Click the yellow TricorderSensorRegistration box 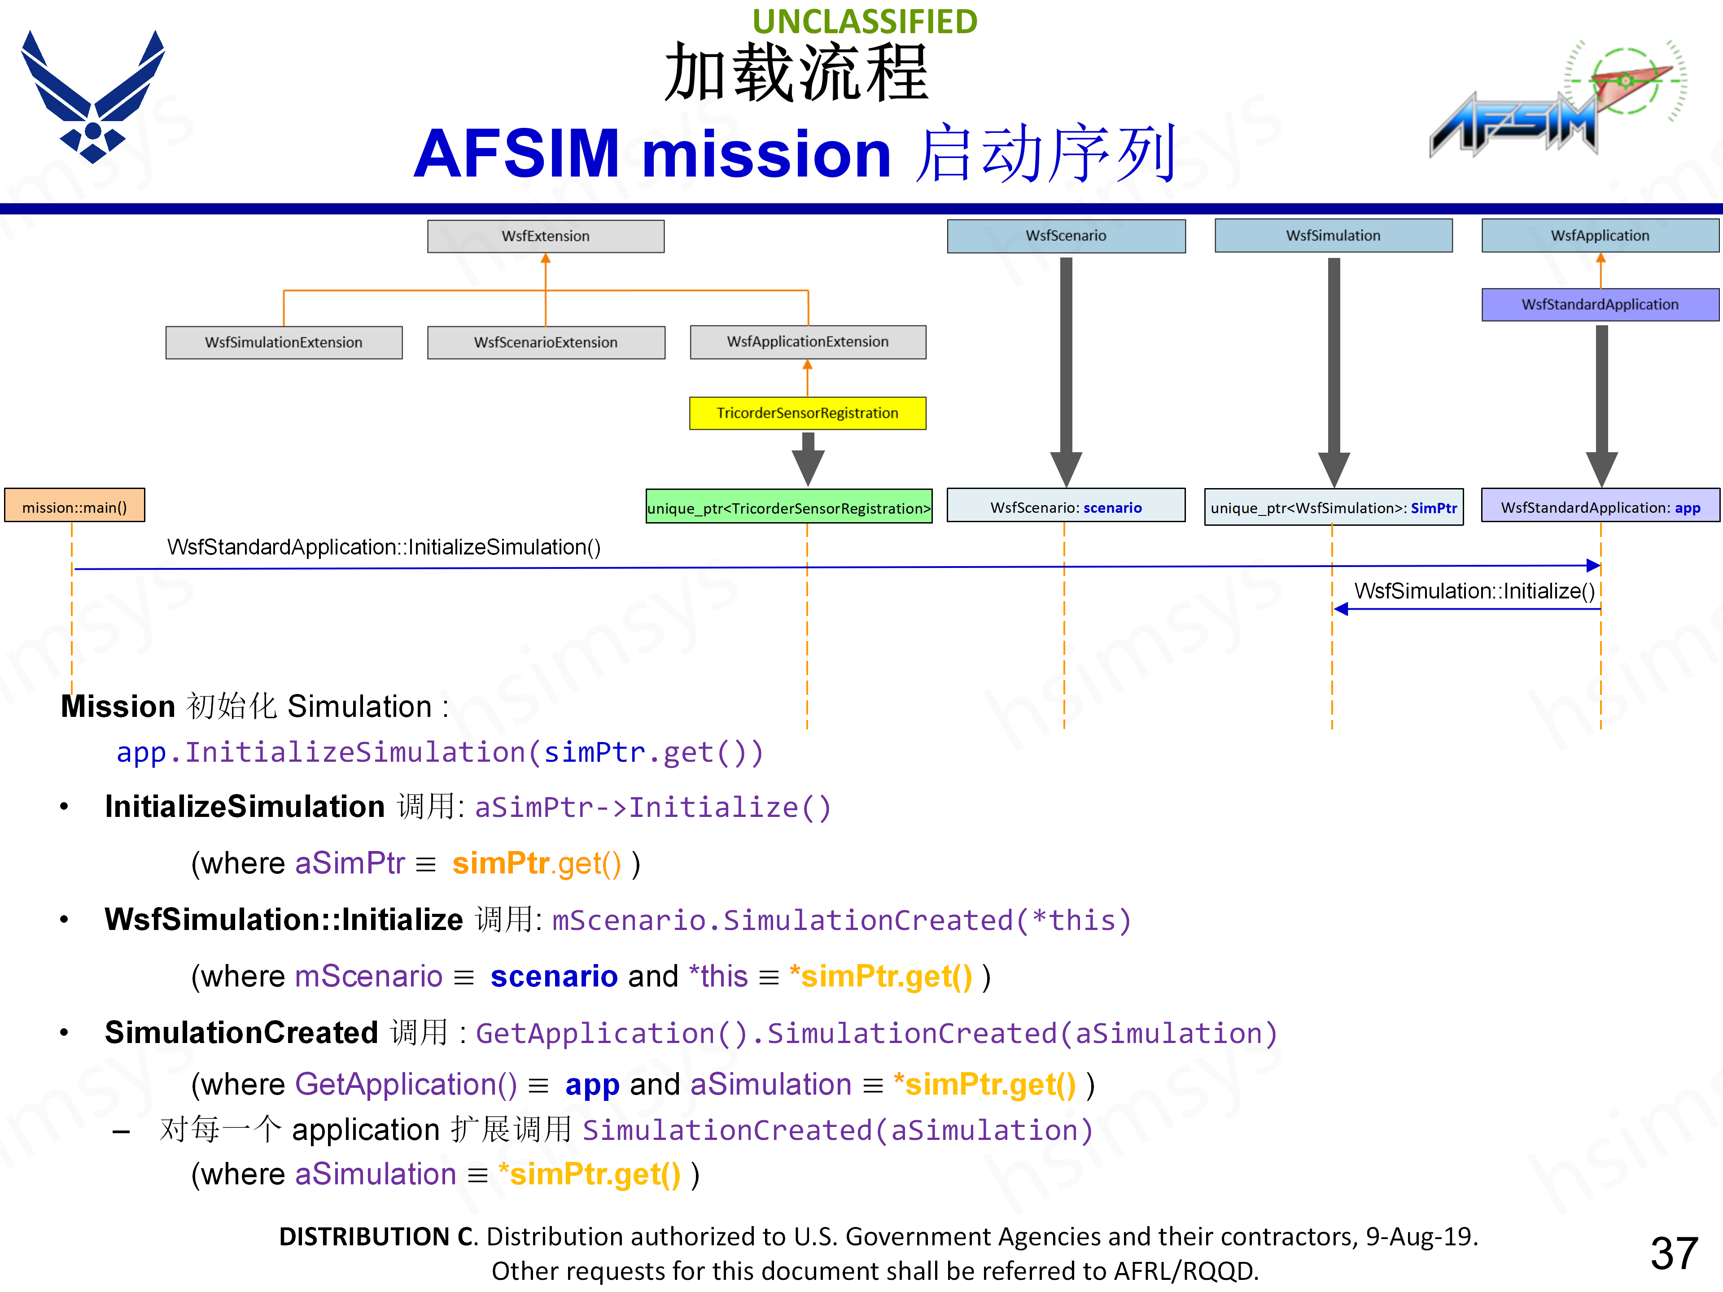(x=808, y=413)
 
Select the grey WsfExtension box (x=545, y=236)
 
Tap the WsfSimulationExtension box (x=284, y=342)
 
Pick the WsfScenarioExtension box (x=545, y=342)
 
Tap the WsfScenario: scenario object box (x=1066, y=507)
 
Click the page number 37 (x=1673, y=1253)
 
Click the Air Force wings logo (x=93, y=97)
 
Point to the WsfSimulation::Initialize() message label (x=1474, y=591)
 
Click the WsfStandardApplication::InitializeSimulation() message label (x=383, y=547)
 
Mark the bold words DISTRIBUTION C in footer (x=377, y=1236)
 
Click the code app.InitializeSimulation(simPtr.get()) (x=439, y=752)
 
